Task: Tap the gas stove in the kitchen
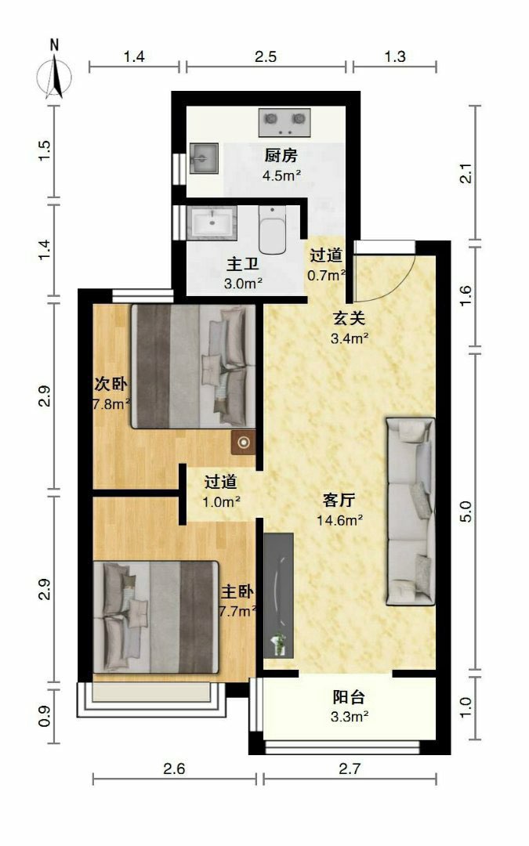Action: [x=284, y=122]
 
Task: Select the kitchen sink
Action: [x=204, y=158]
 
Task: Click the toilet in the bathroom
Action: [x=274, y=230]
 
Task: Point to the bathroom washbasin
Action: [x=212, y=222]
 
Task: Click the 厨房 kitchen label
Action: [x=281, y=155]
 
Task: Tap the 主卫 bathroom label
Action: [x=243, y=265]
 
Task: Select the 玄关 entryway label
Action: [x=350, y=318]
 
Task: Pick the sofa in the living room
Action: [x=410, y=511]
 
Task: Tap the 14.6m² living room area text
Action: [x=339, y=520]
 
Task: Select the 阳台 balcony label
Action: [x=349, y=697]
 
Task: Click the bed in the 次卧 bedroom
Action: [x=193, y=367]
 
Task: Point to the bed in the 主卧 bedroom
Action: [x=156, y=616]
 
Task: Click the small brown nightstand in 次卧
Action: [x=244, y=443]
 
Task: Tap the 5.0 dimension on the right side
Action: [x=466, y=512]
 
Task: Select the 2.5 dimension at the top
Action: [x=266, y=56]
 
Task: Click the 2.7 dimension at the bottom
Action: [x=350, y=768]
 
